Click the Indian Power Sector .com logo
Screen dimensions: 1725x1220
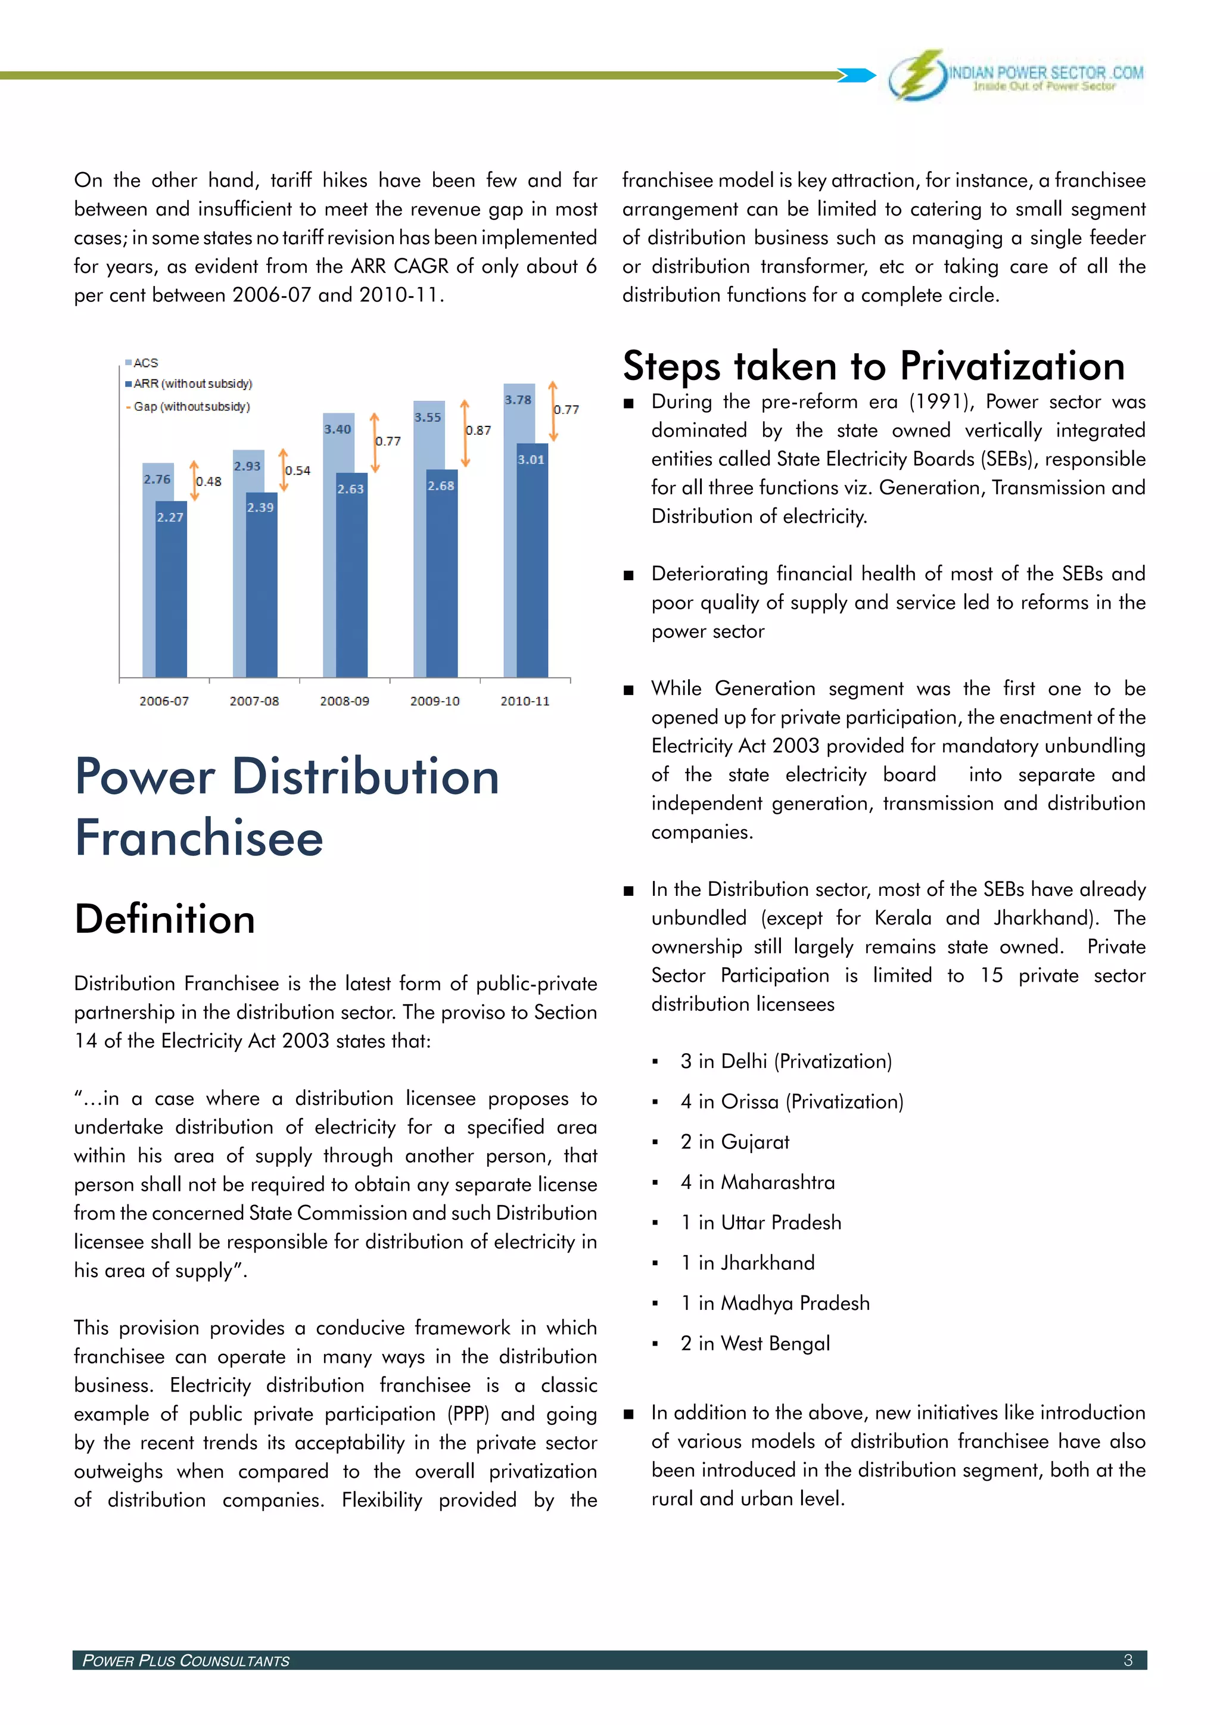pos(1016,75)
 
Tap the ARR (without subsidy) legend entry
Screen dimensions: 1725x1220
pos(189,384)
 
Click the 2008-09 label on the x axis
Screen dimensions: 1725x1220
pos(344,701)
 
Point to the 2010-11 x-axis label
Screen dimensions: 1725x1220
pos(524,701)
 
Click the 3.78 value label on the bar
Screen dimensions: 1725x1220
pos(518,400)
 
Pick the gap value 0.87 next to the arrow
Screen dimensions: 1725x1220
pos(478,431)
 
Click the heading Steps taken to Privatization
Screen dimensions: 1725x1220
pos(873,367)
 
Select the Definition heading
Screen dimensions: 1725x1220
pos(164,919)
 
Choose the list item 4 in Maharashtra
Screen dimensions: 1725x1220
pos(757,1182)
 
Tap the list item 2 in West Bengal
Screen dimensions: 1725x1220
pos(754,1343)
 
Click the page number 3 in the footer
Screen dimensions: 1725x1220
pos(1127,1661)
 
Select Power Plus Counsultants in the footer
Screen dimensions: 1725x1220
pos(185,1661)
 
